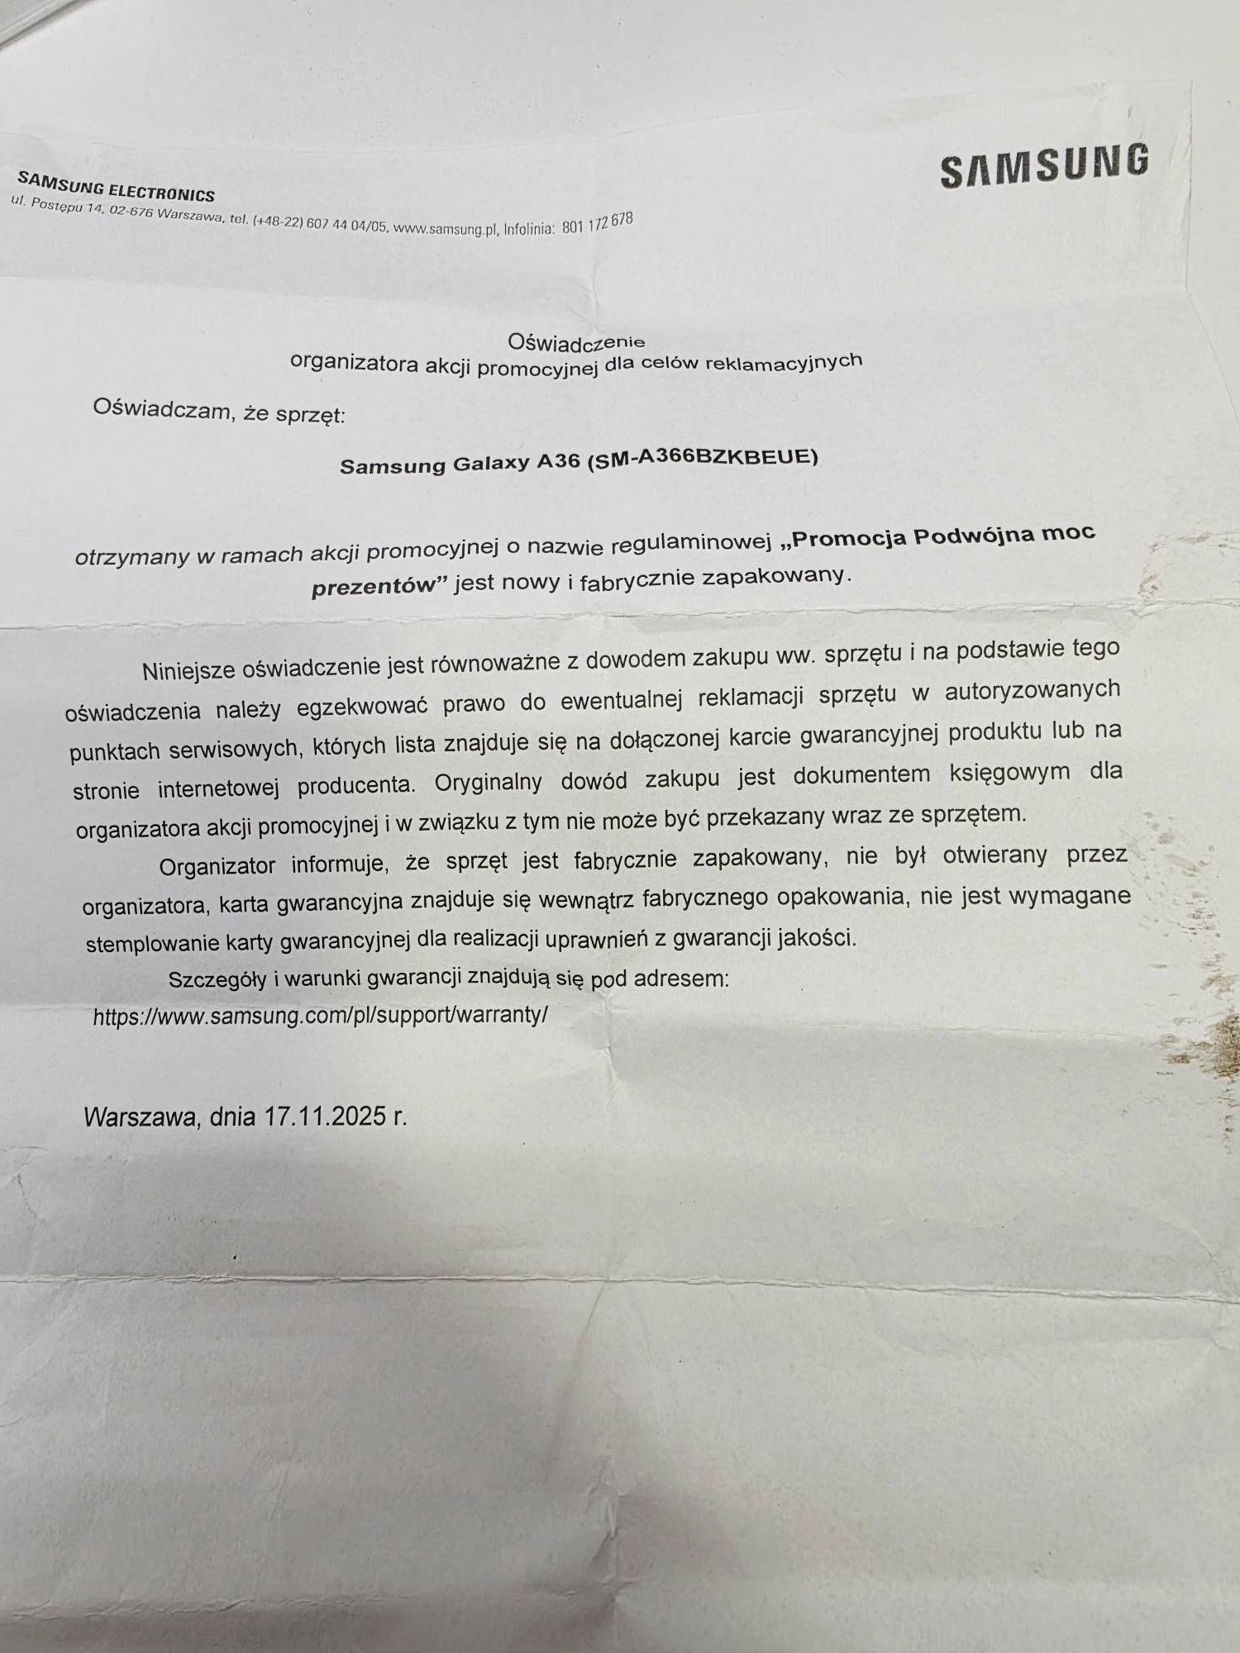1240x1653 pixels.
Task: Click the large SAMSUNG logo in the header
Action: click(1044, 165)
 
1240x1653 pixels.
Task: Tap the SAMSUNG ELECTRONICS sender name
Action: click(116, 187)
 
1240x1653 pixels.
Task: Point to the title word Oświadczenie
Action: click(576, 341)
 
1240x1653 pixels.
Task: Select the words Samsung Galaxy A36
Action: click(460, 464)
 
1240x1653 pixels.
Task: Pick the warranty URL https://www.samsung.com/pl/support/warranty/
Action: click(320, 1015)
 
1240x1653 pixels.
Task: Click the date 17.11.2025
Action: click(325, 1117)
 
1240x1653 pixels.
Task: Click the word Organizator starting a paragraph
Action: click(217, 866)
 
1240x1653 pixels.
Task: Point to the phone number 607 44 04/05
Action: click(346, 224)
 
